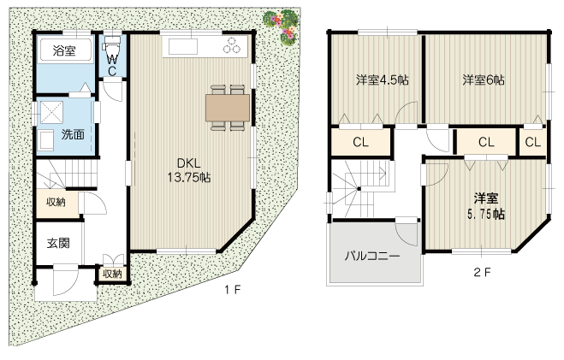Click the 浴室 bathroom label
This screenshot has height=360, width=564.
[x=64, y=50]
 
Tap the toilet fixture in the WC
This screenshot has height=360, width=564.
[x=112, y=45]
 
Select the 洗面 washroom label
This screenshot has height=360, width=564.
[x=73, y=134]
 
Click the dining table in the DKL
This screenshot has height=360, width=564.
[x=228, y=108]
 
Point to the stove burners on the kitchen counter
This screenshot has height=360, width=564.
[x=232, y=45]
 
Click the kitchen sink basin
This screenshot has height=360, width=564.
[x=183, y=46]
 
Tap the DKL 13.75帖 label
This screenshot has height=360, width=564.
[x=189, y=170]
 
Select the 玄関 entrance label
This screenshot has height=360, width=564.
[x=58, y=243]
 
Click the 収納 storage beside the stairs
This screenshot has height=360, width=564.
[x=56, y=202]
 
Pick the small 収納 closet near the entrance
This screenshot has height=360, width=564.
[x=113, y=274]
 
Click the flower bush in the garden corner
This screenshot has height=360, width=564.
[x=282, y=26]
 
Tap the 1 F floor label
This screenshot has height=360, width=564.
[x=233, y=289]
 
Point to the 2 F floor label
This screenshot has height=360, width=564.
[x=482, y=272]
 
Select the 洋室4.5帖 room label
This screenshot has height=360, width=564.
[x=383, y=80]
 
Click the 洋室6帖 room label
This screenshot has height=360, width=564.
[x=484, y=80]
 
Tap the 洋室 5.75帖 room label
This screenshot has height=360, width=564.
[x=486, y=206]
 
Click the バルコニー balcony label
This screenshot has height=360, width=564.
[x=372, y=256]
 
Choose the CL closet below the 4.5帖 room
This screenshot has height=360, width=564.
[x=361, y=142]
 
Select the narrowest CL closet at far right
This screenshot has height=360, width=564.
[x=532, y=142]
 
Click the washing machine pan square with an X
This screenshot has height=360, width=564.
[x=51, y=113]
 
